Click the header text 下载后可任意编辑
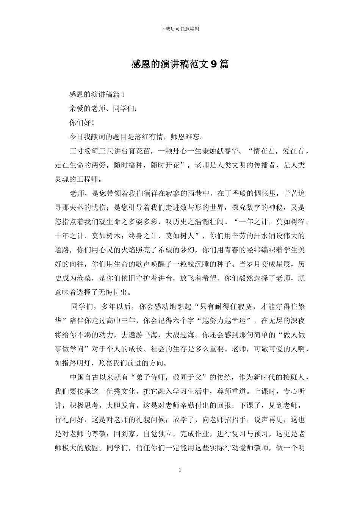pos(180,28)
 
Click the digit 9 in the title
pos(214,64)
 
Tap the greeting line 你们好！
pos(82,123)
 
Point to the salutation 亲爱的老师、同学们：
pos(101,109)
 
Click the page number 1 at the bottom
pos(180,470)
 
